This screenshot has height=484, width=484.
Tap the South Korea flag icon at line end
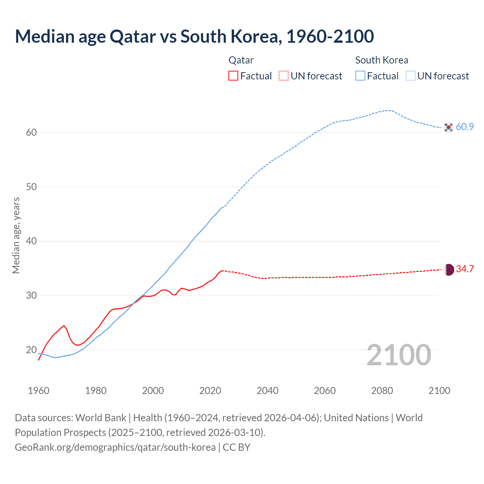click(448, 127)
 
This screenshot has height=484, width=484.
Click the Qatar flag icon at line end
click(448, 270)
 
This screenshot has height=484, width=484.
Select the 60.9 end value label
click(465, 127)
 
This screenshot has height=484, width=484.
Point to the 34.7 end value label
click(465, 269)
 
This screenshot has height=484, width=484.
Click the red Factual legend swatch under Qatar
click(233, 76)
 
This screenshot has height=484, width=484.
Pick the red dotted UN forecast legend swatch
click(284, 76)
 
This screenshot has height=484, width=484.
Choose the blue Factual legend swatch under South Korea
click(360, 76)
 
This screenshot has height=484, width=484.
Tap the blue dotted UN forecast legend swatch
click(411, 76)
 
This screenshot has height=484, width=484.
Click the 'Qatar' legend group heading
click(241, 60)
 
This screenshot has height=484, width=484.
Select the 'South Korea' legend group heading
click(382, 60)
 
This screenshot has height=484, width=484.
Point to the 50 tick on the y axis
click(31, 187)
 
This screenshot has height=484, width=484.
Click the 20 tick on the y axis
click(31, 350)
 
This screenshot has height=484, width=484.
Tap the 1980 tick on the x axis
click(96, 391)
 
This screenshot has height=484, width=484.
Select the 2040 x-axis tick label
click(267, 391)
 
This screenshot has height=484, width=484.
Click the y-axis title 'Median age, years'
click(16, 235)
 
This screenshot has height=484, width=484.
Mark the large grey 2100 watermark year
click(399, 355)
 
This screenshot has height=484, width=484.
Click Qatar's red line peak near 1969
click(64, 326)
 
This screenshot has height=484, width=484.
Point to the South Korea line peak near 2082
click(388, 110)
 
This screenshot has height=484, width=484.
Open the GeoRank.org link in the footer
click(115, 447)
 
